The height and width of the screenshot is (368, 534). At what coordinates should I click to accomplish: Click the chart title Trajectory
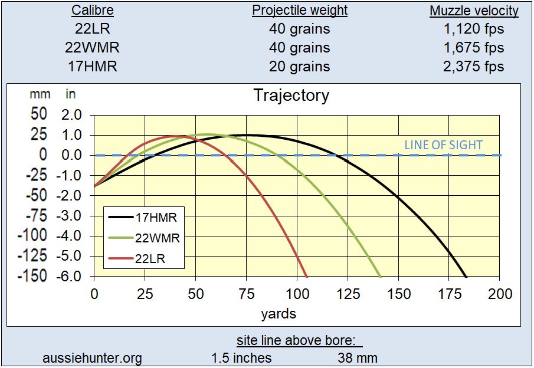[291, 96]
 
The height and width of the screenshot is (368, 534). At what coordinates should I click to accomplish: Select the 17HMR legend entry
[156, 217]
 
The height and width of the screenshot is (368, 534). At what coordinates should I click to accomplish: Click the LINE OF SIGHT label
[443, 144]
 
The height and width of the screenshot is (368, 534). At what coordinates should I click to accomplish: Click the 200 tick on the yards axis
[500, 294]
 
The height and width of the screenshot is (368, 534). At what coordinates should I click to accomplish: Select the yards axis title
[278, 313]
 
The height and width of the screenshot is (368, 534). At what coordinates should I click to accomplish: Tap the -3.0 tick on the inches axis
[73, 216]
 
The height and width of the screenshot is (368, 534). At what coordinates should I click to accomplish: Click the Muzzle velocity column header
[474, 11]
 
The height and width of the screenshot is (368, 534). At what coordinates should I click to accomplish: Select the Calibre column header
[93, 11]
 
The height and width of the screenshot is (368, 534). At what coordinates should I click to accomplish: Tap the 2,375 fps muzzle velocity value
[474, 66]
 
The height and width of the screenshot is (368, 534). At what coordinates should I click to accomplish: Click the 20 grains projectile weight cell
[299, 66]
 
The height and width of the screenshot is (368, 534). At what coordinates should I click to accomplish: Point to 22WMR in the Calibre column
[93, 48]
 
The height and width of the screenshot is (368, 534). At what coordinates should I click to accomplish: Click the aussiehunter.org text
[93, 357]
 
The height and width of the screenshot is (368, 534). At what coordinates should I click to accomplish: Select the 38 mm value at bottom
[358, 357]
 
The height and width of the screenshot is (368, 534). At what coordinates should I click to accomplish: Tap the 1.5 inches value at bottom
[241, 357]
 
